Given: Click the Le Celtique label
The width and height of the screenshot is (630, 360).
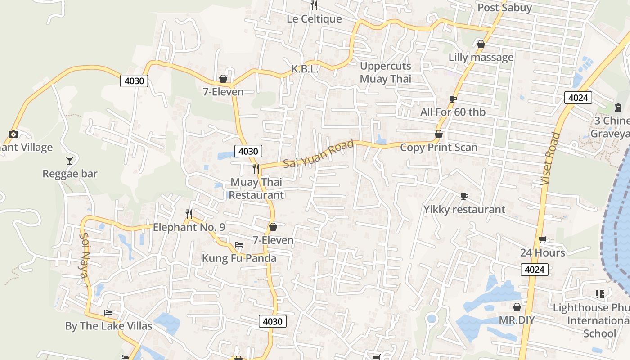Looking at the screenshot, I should [x=314, y=19].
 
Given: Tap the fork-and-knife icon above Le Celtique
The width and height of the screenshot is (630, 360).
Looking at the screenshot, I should [x=314, y=5].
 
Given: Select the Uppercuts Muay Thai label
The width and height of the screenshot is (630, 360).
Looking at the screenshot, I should [x=386, y=72].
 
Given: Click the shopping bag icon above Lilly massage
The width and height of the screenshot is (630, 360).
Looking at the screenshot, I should [x=481, y=44].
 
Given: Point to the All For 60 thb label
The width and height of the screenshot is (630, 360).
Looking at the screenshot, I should [x=453, y=112].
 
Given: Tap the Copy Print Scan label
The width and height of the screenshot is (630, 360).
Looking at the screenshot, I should [x=439, y=147].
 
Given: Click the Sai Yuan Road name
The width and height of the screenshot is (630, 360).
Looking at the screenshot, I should [x=319, y=154].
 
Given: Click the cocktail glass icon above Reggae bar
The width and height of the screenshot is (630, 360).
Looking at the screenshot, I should [x=70, y=161].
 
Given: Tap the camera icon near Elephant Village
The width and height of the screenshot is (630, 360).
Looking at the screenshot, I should [x=13, y=134].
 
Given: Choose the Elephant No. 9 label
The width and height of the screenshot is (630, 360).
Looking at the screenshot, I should [x=189, y=227].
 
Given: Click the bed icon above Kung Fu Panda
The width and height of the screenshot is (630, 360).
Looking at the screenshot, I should [x=239, y=245].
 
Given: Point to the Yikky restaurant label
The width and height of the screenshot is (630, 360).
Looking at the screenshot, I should [x=464, y=210].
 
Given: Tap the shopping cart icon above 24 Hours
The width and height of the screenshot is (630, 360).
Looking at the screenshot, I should [x=543, y=239].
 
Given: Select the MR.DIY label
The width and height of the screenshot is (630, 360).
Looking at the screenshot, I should [x=517, y=320].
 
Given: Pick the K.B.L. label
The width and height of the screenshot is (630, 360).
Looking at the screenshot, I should [x=305, y=69].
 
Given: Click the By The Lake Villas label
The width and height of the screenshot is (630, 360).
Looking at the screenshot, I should [x=109, y=326].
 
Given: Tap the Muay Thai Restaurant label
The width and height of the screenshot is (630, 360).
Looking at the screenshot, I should [x=256, y=189].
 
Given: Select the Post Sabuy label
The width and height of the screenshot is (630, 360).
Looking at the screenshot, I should [x=504, y=8].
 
